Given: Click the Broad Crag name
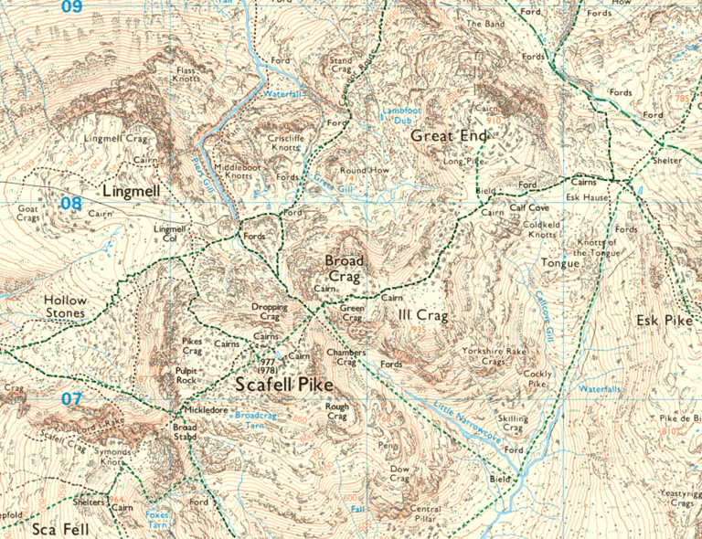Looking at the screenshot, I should click(345, 268).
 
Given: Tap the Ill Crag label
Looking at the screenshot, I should click(423, 316).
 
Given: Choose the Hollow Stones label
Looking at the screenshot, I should click(65, 307).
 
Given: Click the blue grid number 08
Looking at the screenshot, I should click(71, 203).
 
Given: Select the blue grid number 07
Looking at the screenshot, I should click(72, 399).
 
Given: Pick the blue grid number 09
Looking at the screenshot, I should click(71, 7).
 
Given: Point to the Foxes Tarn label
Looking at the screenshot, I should click(157, 520).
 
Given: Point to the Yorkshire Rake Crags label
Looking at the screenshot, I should click(495, 356).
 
